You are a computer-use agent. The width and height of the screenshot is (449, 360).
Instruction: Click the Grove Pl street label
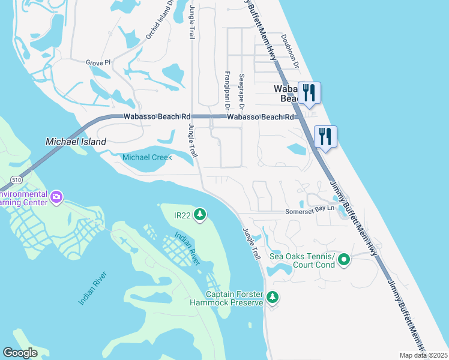98,62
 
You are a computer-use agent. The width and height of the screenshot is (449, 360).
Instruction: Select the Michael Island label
76,142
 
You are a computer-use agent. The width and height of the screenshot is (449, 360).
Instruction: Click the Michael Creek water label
147,157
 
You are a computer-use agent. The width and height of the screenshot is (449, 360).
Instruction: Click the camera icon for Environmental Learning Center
56,197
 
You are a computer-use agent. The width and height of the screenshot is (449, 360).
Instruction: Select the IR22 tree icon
200,214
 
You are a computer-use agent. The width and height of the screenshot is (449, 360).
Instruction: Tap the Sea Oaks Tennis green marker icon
344,260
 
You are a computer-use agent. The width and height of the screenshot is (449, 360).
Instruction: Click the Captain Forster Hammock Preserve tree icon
272,297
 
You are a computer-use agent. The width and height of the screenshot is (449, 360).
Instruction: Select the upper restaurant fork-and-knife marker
309,92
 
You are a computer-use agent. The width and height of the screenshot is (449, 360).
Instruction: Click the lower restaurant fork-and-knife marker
325,136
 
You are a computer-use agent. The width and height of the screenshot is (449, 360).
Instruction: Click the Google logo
20,353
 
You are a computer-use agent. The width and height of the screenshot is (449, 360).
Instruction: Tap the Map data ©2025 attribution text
424,355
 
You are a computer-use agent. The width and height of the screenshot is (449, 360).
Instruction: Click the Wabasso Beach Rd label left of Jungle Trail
157,116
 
